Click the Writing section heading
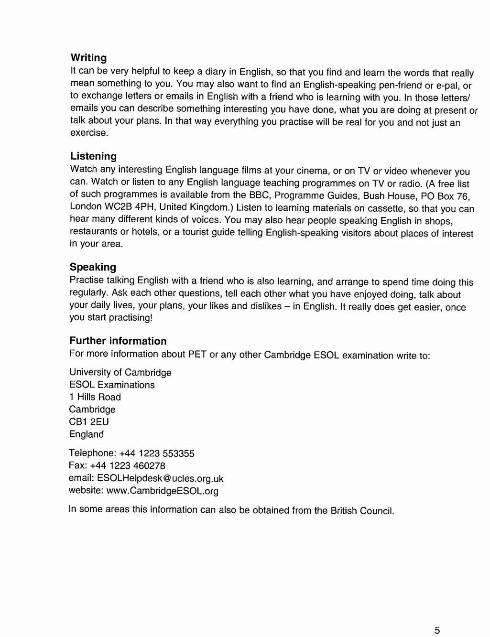tap(88, 58)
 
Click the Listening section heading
tap(93, 156)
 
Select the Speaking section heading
tap(93, 267)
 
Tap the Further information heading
tap(118, 341)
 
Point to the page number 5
tap(437, 630)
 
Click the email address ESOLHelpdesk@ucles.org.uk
tap(160, 478)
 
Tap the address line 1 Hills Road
tap(95, 397)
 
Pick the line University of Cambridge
tap(120, 372)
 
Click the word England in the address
tap(87, 434)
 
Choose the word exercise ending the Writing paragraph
tap(89, 133)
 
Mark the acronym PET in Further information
tap(197, 354)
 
